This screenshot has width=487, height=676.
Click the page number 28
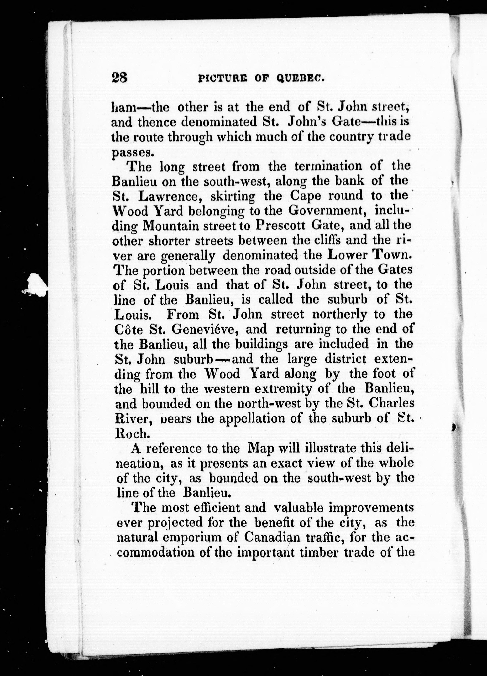pyautogui.click(x=120, y=78)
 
